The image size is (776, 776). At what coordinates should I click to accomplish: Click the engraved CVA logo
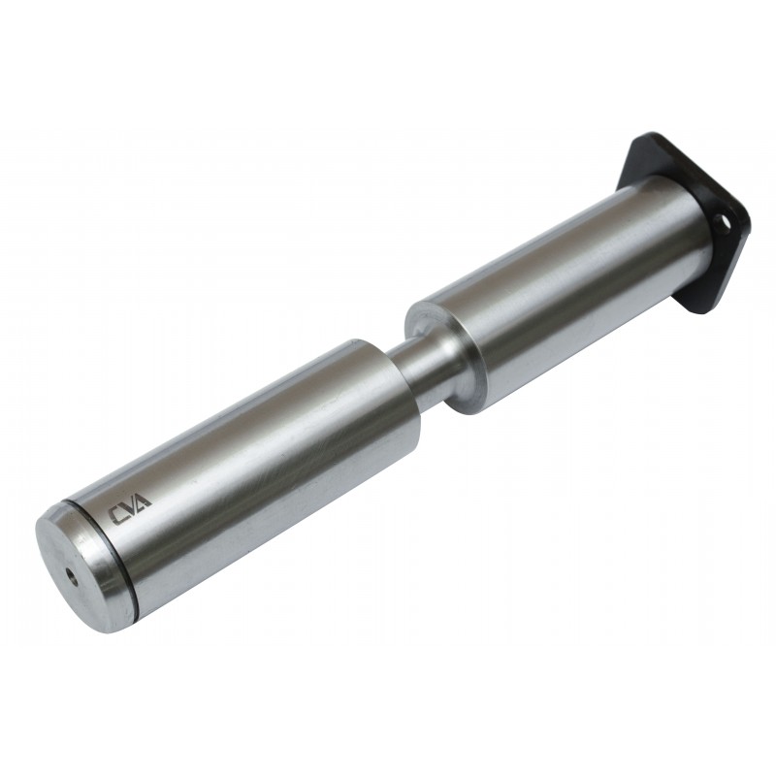pos(131,506)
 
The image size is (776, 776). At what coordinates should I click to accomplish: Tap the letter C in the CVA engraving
pos(117,515)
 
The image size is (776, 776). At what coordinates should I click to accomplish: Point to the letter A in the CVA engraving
pos(144,501)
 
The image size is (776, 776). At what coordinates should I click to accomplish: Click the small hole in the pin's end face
pos(71,575)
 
